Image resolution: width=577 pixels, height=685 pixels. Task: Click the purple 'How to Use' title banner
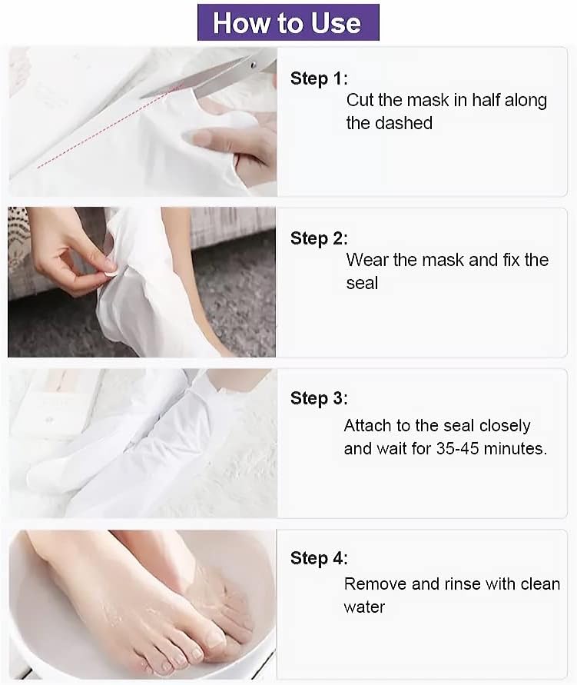click(x=288, y=22)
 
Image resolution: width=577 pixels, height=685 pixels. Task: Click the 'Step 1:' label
click(x=319, y=78)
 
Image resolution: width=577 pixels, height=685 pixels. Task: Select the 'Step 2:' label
click(x=319, y=238)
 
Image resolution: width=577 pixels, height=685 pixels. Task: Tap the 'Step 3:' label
click(x=319, y=398)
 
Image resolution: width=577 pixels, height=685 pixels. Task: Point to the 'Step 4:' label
click(x=319, y=558)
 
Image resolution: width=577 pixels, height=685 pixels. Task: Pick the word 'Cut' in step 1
click(x=359, y=100)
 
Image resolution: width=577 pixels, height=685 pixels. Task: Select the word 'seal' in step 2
click(x=362, y=283)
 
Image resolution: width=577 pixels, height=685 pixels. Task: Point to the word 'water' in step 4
click(x=364, y=607)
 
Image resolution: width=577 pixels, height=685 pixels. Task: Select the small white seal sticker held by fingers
click(x=111, y=271)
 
